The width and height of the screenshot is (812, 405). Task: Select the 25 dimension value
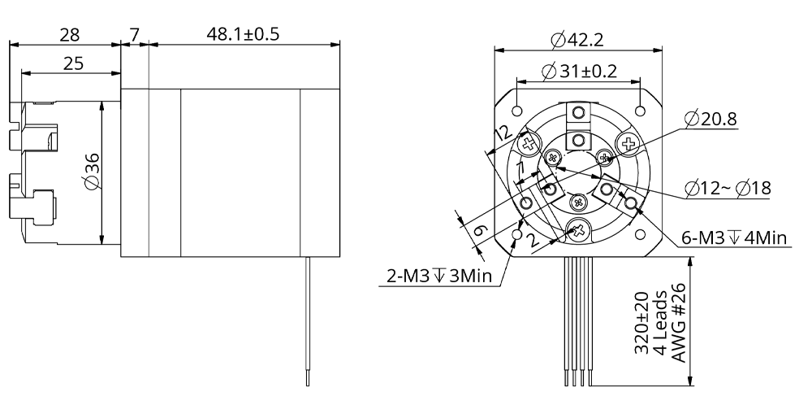[x=71, y=63]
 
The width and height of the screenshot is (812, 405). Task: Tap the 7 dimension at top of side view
[x=135, y=35]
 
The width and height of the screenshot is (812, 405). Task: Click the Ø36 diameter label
[x=92, y=172]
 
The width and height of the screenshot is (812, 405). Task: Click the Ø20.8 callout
[x=710, y=120]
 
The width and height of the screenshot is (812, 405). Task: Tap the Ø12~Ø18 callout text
[x=728, y=188]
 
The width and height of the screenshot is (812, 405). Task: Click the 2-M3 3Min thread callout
[x=437, y=277]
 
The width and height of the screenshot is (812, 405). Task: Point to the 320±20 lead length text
[x=641, y=324]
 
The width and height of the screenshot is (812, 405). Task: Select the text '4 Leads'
[x=659, y=324]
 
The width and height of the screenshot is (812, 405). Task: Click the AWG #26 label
[x=678, y=324]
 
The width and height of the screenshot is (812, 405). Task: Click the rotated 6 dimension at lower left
[x=478, y=231]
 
